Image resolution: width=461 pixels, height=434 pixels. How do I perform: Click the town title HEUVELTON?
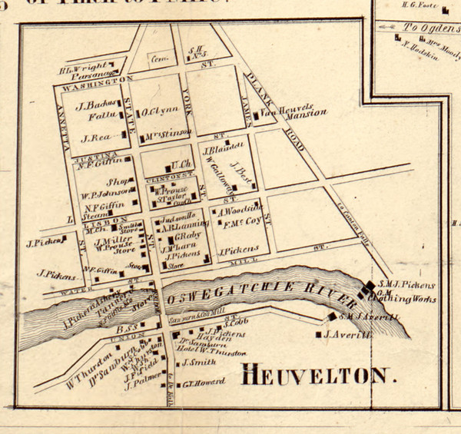pos(317,376)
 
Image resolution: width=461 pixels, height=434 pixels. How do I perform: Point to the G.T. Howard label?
pos(202,383)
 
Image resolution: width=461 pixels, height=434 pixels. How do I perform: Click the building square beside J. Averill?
pos(318,335)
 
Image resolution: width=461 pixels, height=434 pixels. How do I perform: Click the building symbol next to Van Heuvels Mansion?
pos(256,116)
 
